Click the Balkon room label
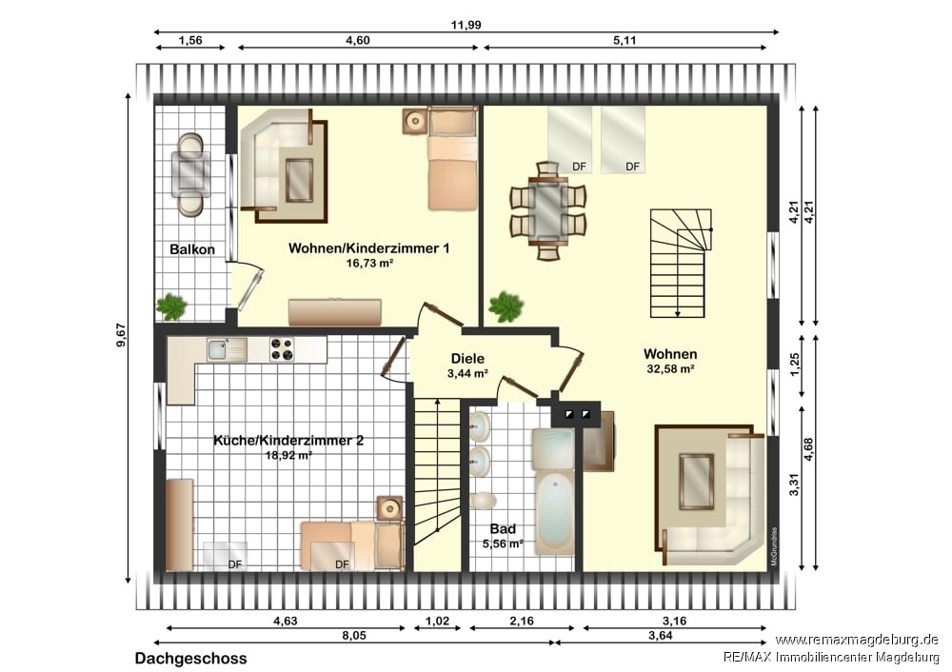[192, 249]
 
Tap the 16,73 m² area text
[369, 264]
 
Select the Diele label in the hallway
[467, 359]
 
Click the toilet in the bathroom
[483, 501]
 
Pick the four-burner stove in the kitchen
[282, 349]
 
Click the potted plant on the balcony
[171, 306]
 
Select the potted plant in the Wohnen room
[506, 306]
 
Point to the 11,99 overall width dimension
[466, 26]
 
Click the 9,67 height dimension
[121, 335]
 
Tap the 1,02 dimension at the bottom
[437, 621]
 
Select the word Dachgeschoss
[190, 659]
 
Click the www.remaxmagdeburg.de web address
[856, 640]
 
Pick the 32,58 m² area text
[670, 368]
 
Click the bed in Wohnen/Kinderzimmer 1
[451, 158]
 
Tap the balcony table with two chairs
[190, 175]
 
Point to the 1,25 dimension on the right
[796, 365]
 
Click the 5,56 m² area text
[503, 544]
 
